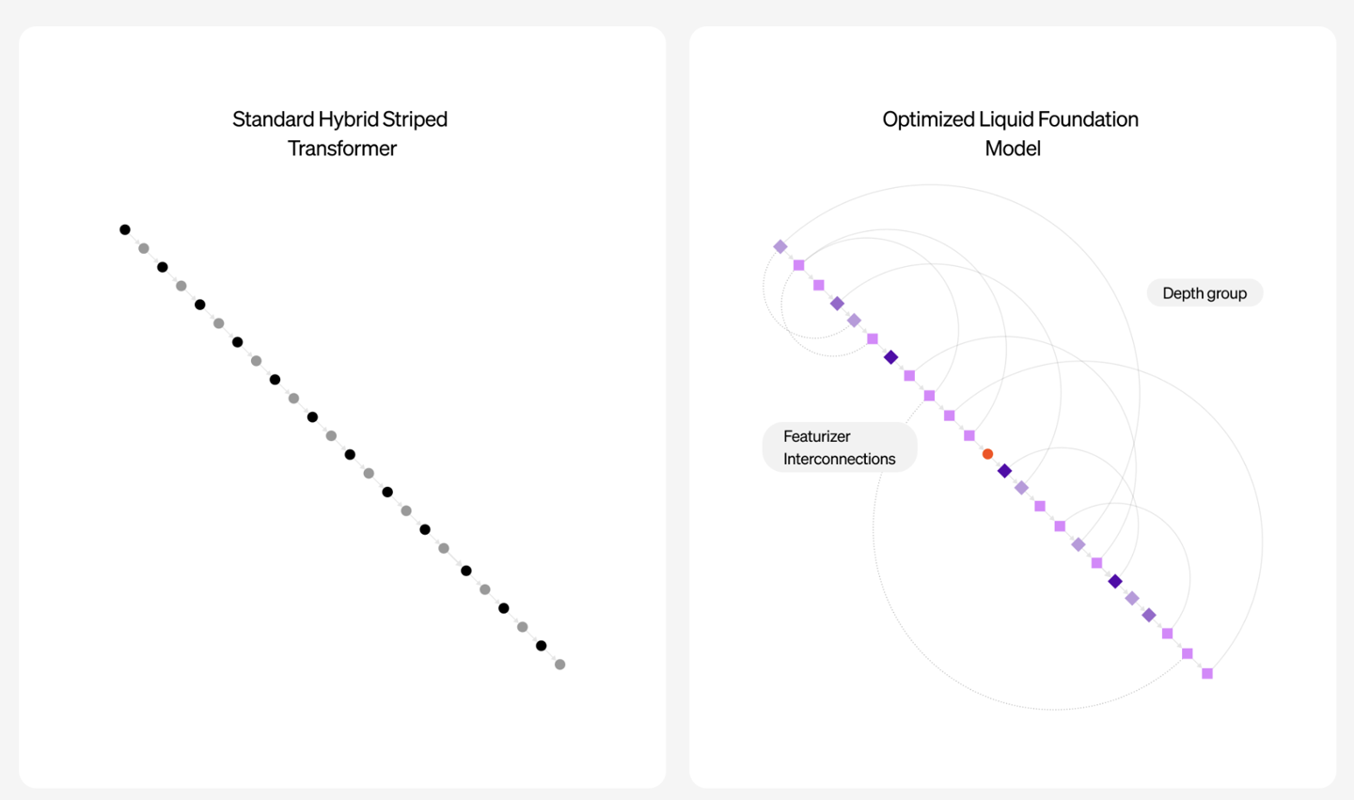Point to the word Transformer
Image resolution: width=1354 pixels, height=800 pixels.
[x=342, y=149]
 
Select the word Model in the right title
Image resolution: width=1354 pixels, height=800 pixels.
[x=1013, y=149]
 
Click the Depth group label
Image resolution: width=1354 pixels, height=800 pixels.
[x=1204, y=293]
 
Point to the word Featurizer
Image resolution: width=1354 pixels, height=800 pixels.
[x=816, y=436]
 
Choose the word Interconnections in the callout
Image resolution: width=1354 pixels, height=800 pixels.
[x=839, y=459]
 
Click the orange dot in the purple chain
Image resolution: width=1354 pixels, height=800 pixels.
[x=987, y=454]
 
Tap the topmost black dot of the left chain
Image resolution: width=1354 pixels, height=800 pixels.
[x=125, y=229]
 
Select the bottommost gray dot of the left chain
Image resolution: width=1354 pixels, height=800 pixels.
[x=560, y=665]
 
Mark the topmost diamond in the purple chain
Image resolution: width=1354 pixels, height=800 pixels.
[x=780, y=246]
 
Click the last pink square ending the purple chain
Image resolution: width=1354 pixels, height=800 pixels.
[x=1207, y=674]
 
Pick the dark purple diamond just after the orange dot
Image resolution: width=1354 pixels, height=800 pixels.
[x=1004, y=471]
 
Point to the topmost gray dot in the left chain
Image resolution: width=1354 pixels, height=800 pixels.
[x=144, y=248]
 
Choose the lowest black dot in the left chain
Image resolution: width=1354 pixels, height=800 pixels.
[x=542, y=646]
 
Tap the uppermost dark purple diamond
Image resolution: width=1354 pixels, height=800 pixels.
[x=891, y=358]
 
